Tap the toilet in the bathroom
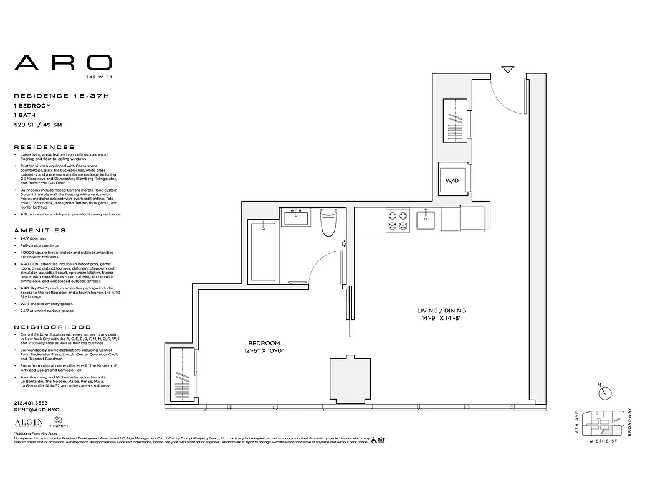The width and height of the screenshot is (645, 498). pyautogui.click(x=328, y=225)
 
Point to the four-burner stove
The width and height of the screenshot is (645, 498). pyautogui.click(x=398, y=221)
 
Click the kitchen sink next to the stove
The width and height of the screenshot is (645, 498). pyautogui.click(x=428, y=220)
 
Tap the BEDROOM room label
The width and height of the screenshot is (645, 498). pyautogui.click(x=264, y=343)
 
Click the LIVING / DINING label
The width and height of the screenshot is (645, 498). pyautogui.click(x=441, y=310)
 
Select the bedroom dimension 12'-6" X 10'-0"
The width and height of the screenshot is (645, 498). pyautogui.click(x=264, y=351)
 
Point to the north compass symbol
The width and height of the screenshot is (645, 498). pyautogui.click(x=604, y=393)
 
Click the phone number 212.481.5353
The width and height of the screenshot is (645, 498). pyautogui.click(x=31, y=403)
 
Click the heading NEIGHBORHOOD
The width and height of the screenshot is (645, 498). pyautogui.click(x=52, y=327)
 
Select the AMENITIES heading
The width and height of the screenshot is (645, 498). pyautogui.click(x=40, y=230)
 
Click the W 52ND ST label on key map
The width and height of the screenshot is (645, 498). pyautogui.click(x=603, y=441)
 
